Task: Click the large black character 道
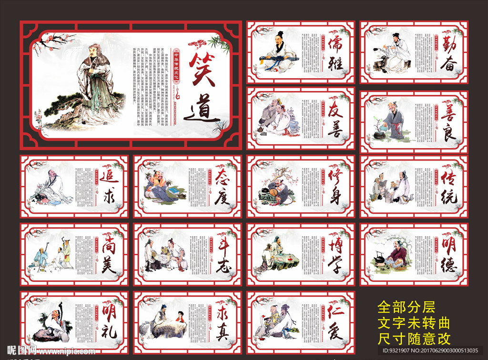tap(203, 111)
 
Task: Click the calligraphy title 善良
tap(449, 122)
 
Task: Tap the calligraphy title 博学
tap(335, 255)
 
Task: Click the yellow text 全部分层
tap(406, 306)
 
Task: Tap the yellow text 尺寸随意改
tap(414, 339)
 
